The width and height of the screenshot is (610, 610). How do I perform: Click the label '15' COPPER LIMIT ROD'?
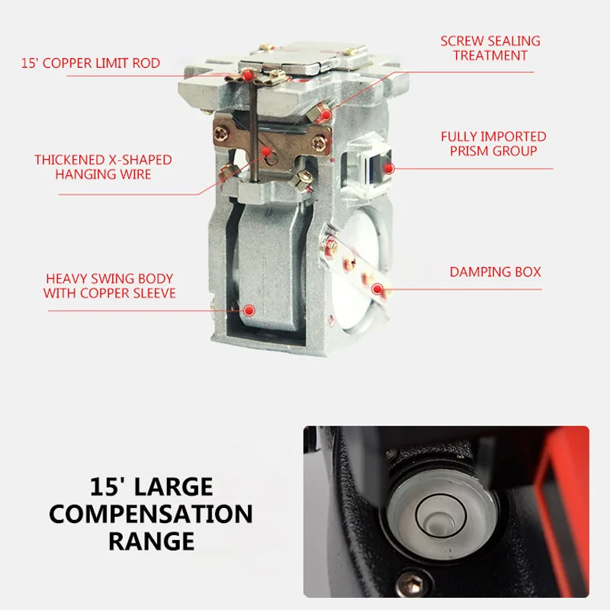(91, 63)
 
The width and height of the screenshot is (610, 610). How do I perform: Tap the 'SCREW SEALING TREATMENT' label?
(490, 48)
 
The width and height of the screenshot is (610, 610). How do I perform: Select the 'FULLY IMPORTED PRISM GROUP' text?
(493, 143)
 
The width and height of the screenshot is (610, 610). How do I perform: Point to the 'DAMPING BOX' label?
(495, 271)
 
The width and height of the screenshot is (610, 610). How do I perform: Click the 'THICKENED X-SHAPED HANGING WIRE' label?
(103, 167)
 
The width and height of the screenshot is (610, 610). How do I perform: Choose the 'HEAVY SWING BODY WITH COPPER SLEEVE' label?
(109, 286)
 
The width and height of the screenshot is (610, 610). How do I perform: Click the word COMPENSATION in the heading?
(151, 513)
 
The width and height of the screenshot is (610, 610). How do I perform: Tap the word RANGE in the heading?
(151, 541)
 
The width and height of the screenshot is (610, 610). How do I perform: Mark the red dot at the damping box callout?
(377, 288)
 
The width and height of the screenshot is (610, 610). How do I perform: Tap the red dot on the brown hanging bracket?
(266, 152)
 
